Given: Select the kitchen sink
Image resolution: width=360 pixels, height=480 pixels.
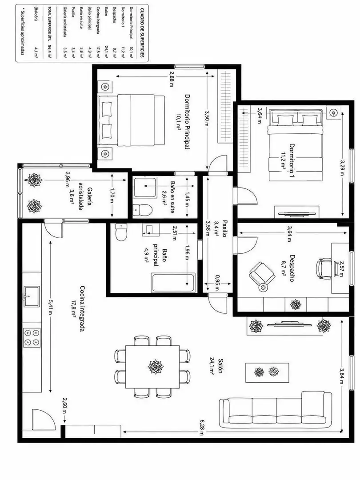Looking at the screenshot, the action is [32, 296].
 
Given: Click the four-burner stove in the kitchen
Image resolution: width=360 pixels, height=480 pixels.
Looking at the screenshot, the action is [32, 337].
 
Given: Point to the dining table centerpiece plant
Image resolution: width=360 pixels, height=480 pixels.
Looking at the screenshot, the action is [156, 366].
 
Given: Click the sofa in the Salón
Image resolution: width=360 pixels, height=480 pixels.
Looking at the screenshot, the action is [276, 410].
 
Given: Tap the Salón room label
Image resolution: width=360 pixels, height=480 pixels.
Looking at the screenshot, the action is [220, 366].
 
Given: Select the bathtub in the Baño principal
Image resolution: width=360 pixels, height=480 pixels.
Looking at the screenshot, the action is [173, 283].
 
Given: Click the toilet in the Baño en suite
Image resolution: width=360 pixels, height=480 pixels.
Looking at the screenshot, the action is [143, 210].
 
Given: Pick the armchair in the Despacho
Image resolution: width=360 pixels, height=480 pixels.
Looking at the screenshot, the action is [262, 275].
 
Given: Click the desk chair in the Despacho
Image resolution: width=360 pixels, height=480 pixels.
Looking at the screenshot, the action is [324, 268].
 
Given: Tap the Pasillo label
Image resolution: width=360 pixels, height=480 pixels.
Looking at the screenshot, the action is [225, 228].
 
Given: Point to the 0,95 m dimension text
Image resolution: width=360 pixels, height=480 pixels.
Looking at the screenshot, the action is [217, 283].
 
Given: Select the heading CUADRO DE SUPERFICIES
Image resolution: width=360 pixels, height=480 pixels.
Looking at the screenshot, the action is [142, 33].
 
